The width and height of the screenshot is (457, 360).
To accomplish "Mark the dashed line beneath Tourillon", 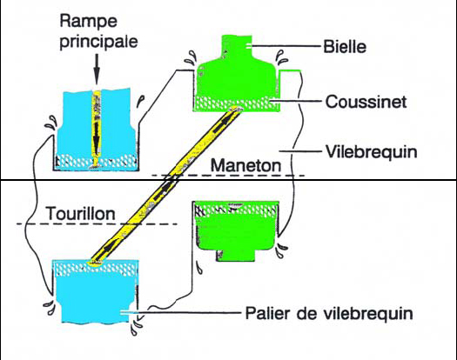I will click(96, 225).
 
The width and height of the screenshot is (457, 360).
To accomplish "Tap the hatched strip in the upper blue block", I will click(95, 162).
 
